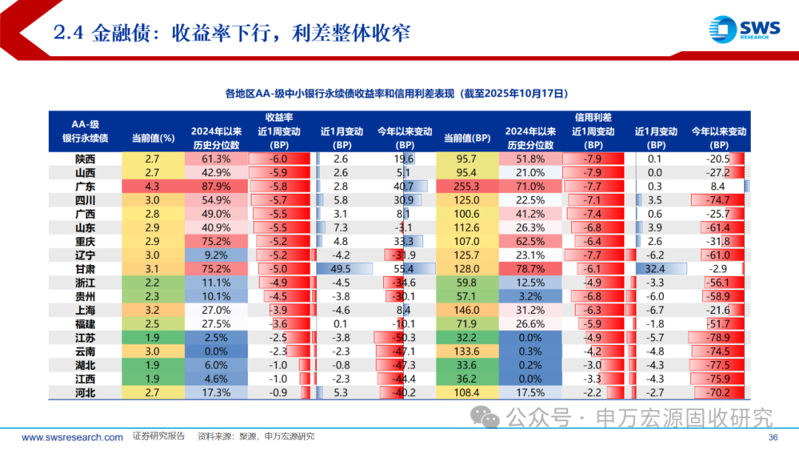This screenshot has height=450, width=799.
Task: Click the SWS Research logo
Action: [x=744, y=30]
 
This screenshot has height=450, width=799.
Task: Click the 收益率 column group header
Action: [x=279, y=117]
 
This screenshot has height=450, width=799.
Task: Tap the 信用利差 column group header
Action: [x=593, y=117]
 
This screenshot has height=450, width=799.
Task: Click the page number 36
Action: [x=774, y=437]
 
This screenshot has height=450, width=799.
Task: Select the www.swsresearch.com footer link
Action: [x=73, y=437]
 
